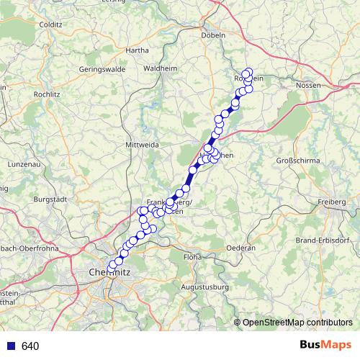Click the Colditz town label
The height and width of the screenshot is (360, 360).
(52, 24)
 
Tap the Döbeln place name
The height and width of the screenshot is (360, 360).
(214, 35)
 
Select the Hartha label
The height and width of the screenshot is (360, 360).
(137, 50)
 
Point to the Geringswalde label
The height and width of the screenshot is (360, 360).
(102, 70)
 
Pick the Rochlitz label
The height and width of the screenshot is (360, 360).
(46, 94)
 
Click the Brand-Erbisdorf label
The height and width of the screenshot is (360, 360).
(328, 239)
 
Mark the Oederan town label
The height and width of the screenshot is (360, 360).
(241, 248)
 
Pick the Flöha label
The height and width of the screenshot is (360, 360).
(192, 256)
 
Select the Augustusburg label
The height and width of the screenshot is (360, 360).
(205, 287)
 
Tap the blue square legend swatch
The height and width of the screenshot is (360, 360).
(11, 346)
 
